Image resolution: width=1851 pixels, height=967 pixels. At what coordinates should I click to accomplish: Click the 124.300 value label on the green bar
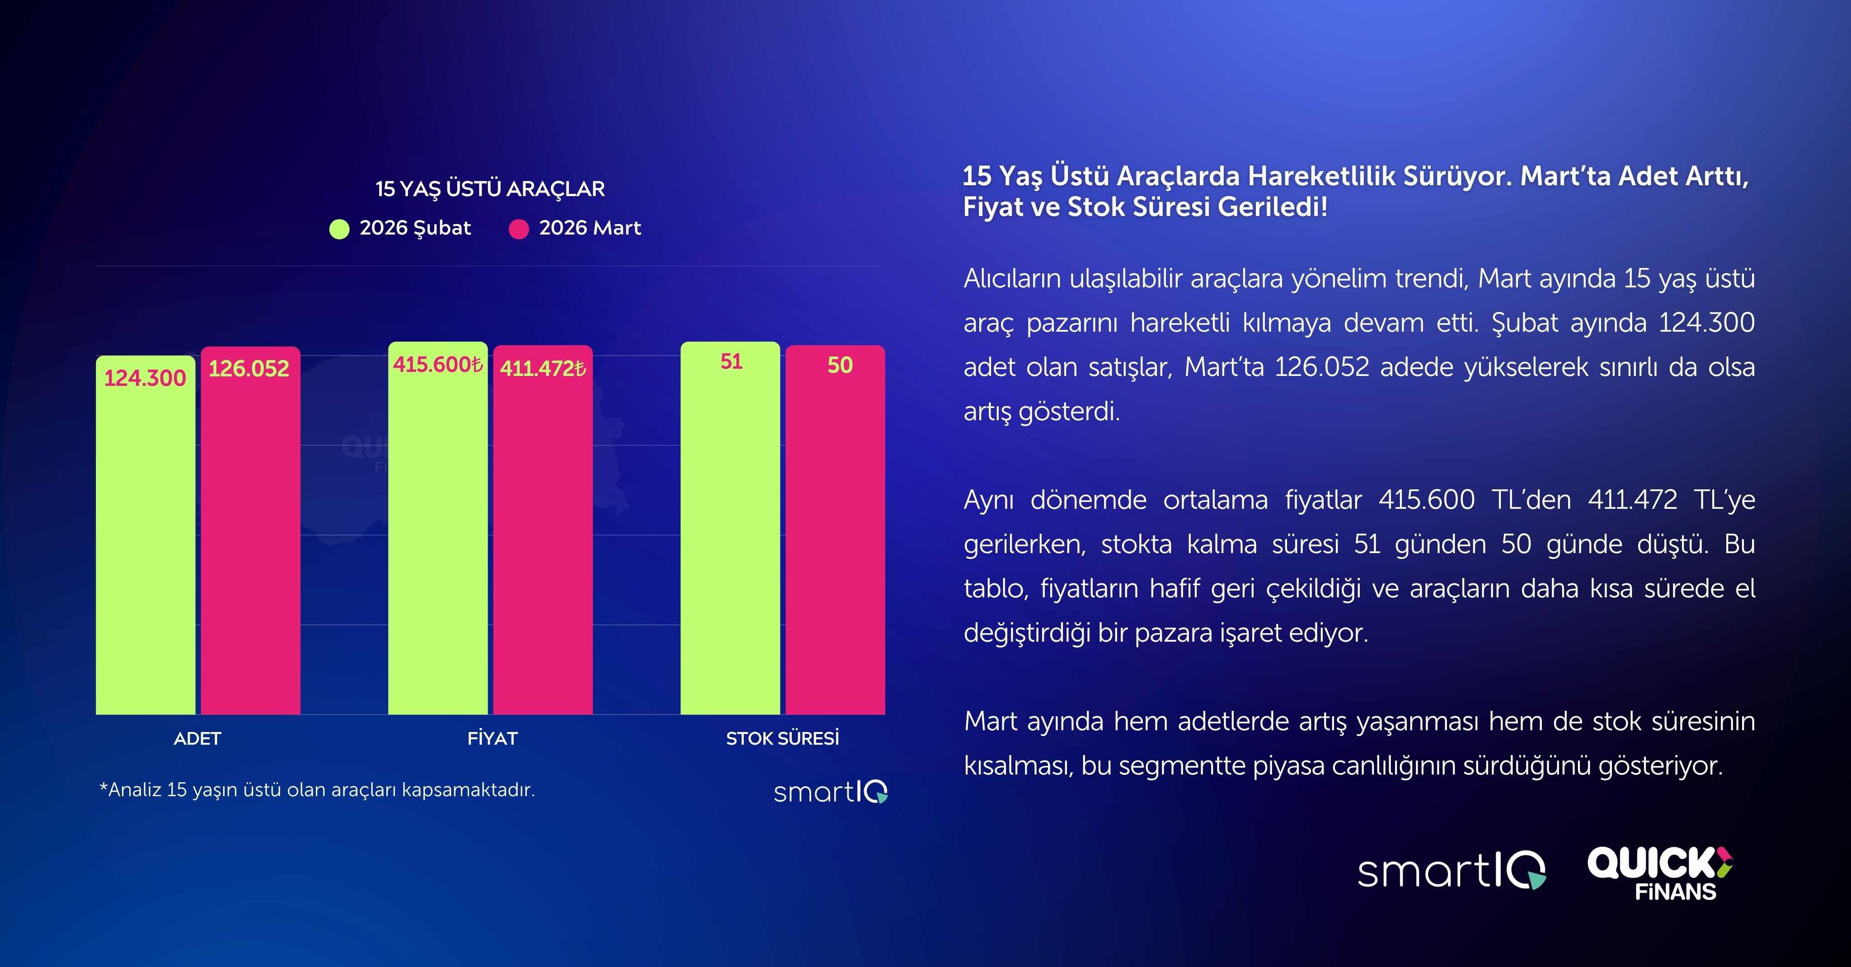[145, 378]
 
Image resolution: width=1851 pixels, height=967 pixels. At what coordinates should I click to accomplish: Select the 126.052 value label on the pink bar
[249, 369]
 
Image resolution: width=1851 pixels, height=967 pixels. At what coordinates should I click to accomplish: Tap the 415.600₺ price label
[437, 365]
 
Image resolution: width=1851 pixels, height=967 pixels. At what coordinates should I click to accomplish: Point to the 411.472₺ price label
[542, 369]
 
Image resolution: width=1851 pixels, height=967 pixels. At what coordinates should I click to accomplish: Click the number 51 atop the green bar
[731, 361]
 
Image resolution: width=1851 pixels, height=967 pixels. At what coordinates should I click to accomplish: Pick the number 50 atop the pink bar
[839, 365]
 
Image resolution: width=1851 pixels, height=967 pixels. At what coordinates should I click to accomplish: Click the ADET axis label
[197, 738]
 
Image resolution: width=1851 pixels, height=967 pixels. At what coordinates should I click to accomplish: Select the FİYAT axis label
[492, 738]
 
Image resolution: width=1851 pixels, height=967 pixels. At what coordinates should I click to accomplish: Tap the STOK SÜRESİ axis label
[783, 738]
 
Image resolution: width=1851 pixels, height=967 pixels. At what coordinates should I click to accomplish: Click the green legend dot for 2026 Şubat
[339, 229]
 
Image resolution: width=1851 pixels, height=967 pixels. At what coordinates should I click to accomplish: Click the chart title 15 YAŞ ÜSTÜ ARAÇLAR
[490, 189]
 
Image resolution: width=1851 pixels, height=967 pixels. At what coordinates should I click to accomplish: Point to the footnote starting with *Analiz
[317, 789]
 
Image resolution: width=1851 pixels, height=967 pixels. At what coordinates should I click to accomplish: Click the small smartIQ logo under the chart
[831, 792]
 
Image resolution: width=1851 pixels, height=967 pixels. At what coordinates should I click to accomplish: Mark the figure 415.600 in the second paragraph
[1426, 499]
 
